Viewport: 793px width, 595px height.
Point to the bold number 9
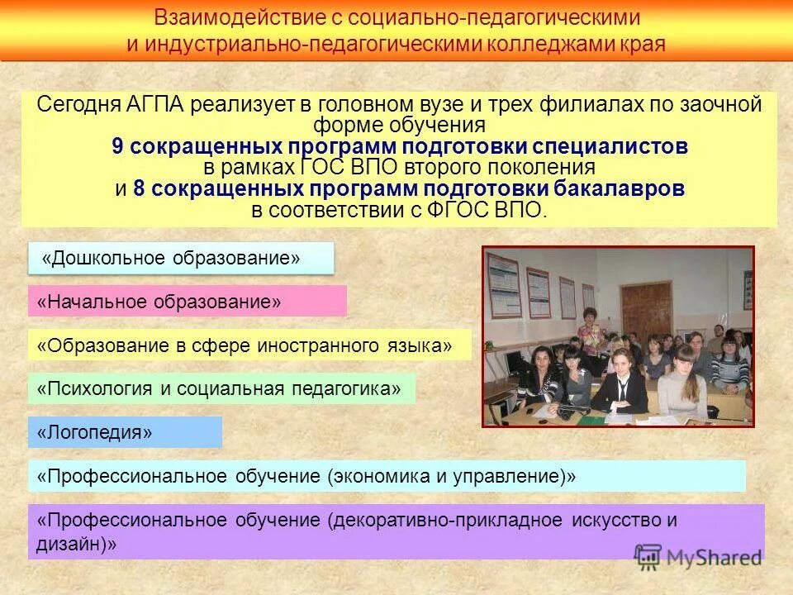point(117,147)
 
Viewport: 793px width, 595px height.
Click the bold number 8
point(138,189)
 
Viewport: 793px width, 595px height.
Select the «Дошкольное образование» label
point(182,258)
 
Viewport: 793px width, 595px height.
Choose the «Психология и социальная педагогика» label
point(221,388)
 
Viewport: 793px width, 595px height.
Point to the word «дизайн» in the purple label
point(69,545)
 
